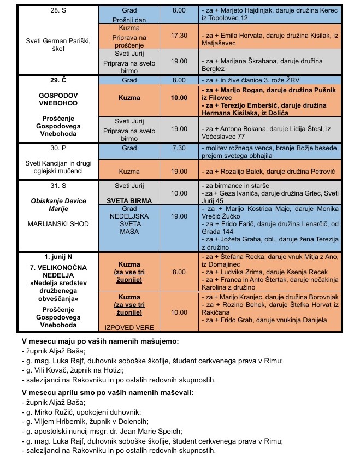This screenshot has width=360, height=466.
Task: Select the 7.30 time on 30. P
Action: [x=179, y=148]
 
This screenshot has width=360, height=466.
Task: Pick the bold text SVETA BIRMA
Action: [x=129, y=200]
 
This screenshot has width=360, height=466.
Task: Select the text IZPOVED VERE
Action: [x=129, y=327]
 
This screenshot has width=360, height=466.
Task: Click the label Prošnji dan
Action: [x=129, y=20]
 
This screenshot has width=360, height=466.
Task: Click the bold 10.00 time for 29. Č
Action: [x=179, y=98]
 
